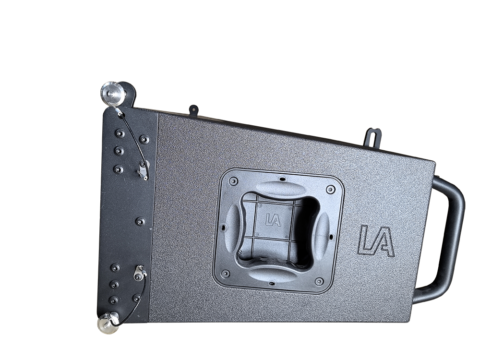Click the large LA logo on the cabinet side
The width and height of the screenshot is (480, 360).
coord(376,241)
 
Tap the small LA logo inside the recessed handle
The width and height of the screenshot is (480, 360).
coord(273,220)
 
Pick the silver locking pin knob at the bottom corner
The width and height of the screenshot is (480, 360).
coord(108,323)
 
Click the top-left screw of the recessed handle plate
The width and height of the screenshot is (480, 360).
coord(233,181)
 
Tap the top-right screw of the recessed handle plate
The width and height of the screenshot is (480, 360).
coord(330,189)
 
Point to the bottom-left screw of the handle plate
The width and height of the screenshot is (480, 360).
coord(225,273)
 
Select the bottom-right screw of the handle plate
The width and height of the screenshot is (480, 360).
coord(319,281)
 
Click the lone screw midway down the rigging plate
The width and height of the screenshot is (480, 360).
coord(140,222)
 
